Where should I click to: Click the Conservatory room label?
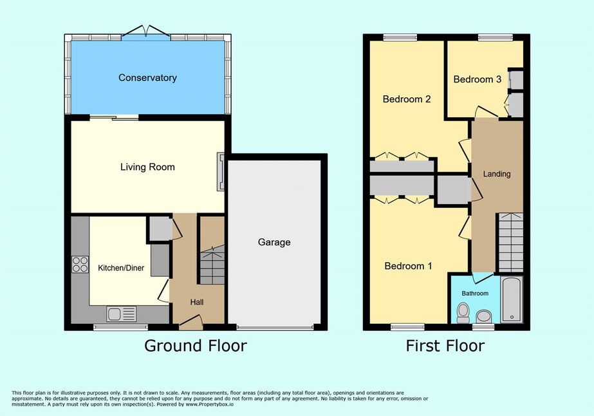[x=147, y=78]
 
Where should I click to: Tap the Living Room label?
[x=147, y=167]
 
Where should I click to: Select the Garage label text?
[x=274, y=242]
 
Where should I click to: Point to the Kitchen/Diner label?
[x=121, y=268]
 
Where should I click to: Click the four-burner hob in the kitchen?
[x=80, y=264]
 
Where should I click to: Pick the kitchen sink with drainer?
[x=122, y=314]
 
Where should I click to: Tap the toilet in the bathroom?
[x=463, y=313]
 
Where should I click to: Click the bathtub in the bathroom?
[x=512, y=299]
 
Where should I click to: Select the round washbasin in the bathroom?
[x=484, y=316]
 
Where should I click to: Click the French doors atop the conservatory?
[x=146, y=31]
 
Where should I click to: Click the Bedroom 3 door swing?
[x=487, y=112]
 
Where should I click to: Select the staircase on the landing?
[x=510, y=243]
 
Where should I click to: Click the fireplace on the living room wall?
[x=221, y=171]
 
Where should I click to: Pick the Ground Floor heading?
[x=196, y=346]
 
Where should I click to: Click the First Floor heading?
[x=445, y=346]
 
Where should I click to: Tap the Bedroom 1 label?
[x=408, y=266]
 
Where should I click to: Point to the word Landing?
[x=497, y=174]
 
